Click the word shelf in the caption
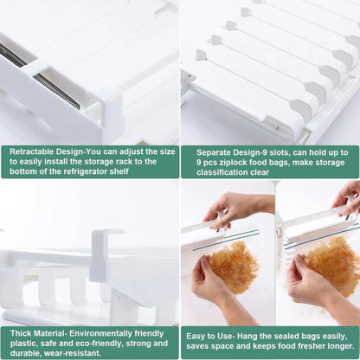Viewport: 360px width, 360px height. coord(138,171)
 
